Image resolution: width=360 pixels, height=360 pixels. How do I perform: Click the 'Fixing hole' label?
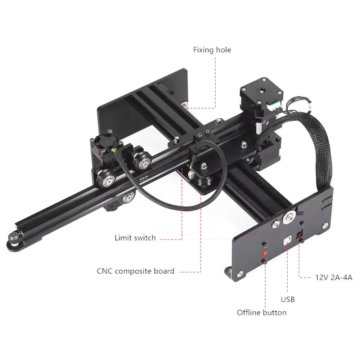[212, 50]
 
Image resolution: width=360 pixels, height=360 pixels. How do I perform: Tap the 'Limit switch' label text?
[135, 238]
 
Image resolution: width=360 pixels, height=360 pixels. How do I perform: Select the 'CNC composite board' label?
[135, 271]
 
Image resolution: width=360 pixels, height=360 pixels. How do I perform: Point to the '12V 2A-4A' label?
[333, 277]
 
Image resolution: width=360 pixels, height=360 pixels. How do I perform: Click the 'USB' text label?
[288, 299]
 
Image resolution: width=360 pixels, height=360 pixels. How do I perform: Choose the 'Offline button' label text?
[261, 313]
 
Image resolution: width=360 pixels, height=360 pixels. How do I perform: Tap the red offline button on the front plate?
[265, 252]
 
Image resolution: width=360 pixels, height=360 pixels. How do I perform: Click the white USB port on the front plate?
[287, 240]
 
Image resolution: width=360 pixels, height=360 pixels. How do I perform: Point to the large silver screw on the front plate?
[289, 218]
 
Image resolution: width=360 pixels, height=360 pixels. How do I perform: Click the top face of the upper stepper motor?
[255, 88]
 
